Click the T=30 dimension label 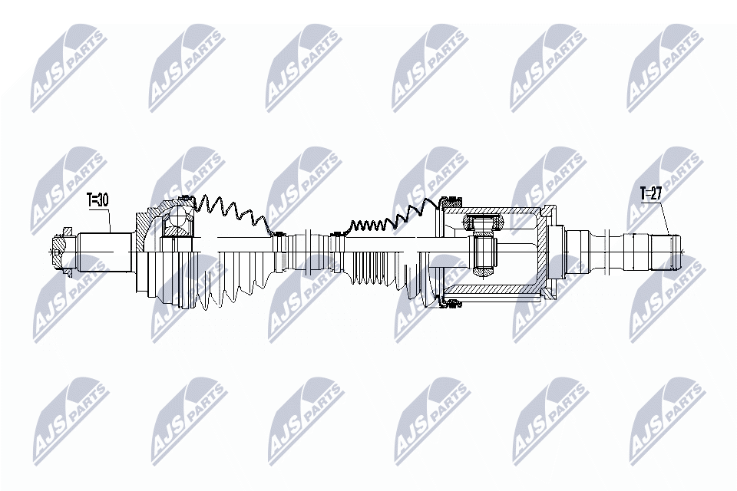click(x=99, y=201)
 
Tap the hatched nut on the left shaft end click(x=57, y=250)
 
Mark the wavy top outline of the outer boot click(x=230, y=207)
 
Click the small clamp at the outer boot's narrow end click(x=278, y=234)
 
